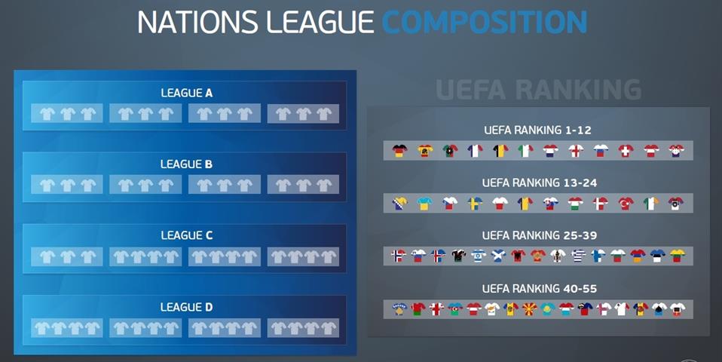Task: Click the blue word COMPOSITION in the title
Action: coord(485,22)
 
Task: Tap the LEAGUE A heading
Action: coord(186,93)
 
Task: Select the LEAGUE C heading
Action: coord(186,235)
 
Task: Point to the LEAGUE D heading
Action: coord(186,307)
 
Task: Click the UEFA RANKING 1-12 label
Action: coord(537,130)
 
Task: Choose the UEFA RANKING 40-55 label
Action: coord(539,289)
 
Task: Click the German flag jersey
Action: coord(399,151)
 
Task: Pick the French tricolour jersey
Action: coord(475,151)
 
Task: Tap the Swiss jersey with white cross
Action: coord(626,151)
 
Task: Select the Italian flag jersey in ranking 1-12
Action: coord(525,151)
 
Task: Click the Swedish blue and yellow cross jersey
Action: coord(475,203)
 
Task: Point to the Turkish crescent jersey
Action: coord(626,203)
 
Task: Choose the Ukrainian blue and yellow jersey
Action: coord(424,203)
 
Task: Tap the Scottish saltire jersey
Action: coord(498,256)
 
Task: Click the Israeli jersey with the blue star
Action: coord(479,256)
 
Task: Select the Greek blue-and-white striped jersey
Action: coord(578,256)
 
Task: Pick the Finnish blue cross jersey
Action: coord(598,256)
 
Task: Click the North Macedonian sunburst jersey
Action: coord(529,309)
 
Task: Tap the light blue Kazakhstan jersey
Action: coord(547,309)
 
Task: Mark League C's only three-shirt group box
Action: coord(67,256)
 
